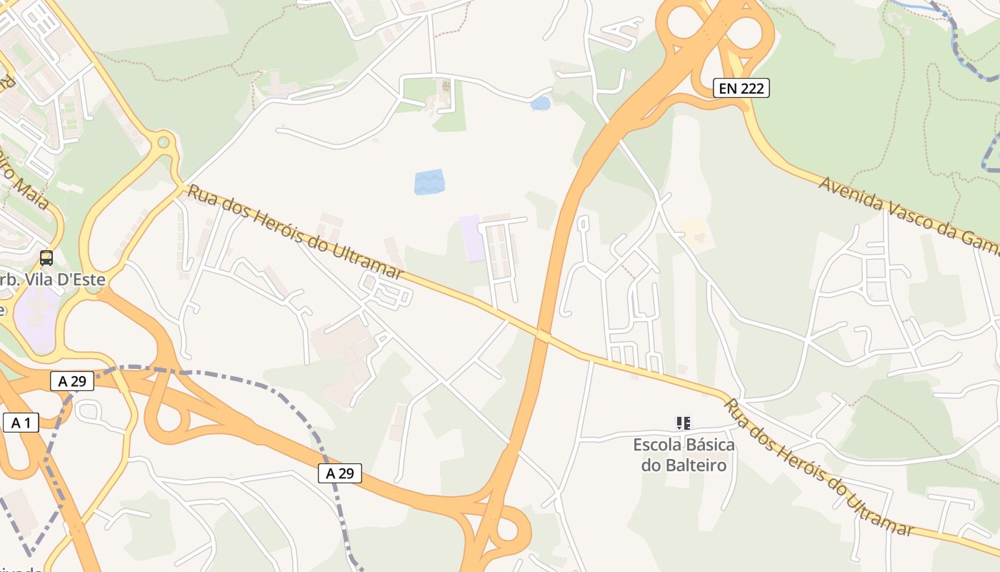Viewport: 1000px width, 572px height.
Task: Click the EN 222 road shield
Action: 741,89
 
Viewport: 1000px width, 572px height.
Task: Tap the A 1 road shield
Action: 20,423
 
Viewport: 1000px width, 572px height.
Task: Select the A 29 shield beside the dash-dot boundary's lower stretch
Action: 340,473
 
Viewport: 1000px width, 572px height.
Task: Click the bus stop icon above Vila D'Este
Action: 46,258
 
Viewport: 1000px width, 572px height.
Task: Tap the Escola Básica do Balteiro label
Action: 684,455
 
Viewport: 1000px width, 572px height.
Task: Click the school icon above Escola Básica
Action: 684,423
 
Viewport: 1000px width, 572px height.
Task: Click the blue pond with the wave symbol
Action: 429,182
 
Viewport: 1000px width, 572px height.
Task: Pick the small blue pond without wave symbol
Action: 541,104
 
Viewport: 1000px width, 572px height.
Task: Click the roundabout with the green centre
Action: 164,142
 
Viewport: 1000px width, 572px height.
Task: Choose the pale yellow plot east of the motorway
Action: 694,232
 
